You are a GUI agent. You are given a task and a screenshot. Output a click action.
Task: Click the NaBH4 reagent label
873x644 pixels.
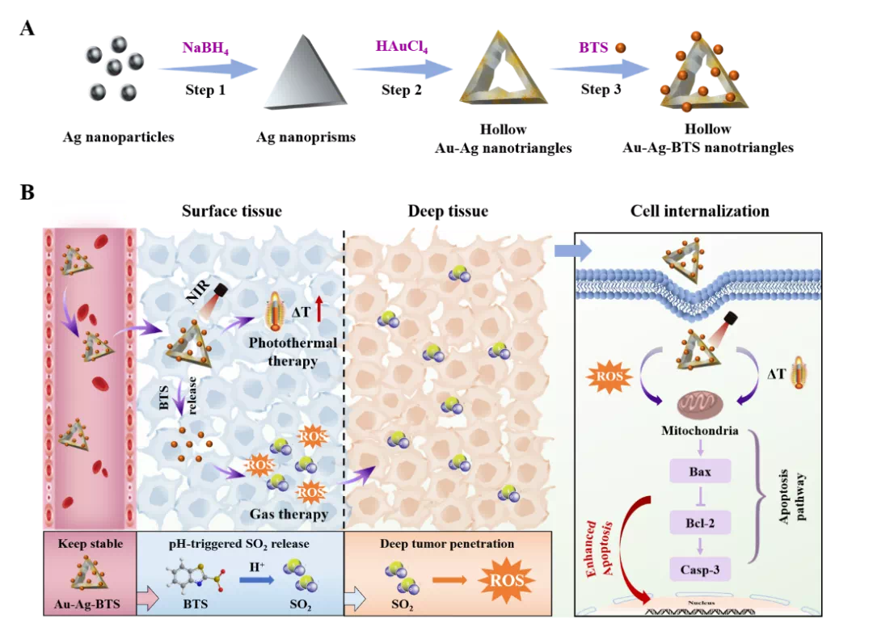(x=204, y=48)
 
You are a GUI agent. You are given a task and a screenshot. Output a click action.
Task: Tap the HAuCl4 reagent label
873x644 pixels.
(x=401, y=47)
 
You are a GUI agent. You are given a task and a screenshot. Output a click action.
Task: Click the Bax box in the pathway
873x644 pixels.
(x=699, y=470)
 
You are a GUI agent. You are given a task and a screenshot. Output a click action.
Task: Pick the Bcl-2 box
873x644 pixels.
(x=699, y=523)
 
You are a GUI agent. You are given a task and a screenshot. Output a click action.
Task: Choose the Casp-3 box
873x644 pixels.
(x=699, y=570)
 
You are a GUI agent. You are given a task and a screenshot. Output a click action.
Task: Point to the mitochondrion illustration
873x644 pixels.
(x=699, y=405)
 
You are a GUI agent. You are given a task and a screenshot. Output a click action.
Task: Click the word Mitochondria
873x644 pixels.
(x=699, y=431)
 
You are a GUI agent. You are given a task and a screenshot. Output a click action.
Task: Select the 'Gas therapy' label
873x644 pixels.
(x=289, y=514)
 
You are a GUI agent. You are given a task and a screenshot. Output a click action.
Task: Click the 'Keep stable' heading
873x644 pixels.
(x=91, y=544)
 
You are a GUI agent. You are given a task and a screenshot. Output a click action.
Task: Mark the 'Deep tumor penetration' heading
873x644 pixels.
(x=447, y=544)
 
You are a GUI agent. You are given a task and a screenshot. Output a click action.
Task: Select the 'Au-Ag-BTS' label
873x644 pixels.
(x=90, y=603)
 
